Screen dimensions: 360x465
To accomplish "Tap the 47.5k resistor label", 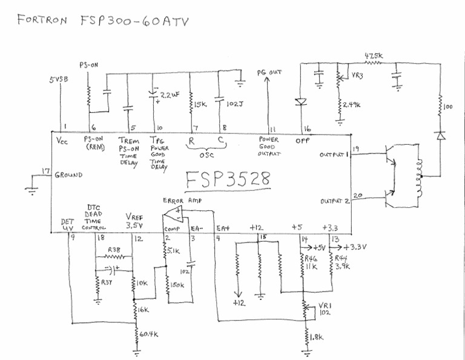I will (x=374, y=56).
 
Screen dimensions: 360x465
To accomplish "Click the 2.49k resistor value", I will (x=352, y=105).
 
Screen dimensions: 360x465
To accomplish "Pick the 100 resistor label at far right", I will (x=449, y=107).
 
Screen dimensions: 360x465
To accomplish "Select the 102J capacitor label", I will (x=234, y=103).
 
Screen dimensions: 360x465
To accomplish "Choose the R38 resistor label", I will (x=113, y=249).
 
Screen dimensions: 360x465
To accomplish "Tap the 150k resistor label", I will (x=179, y=284).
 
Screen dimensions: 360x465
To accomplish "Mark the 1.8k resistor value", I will (x=318, y=336).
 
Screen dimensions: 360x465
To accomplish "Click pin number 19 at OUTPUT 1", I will (x=355, y=148).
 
